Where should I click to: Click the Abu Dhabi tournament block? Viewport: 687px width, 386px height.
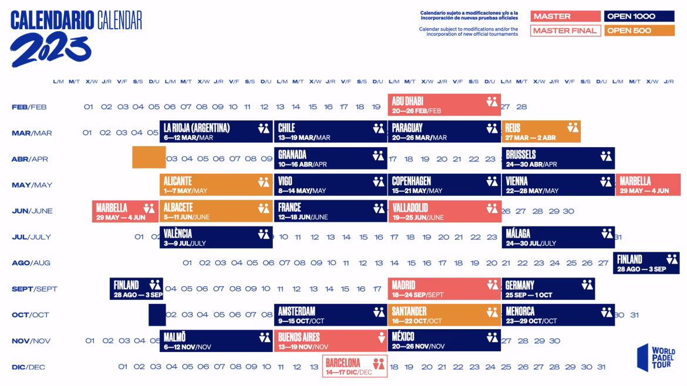click(x=444, y=105)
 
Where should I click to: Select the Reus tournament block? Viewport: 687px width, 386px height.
click(x=541, y=131)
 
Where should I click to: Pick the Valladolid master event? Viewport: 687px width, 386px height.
click(x=444, y=211)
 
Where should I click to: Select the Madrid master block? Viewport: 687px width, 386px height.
click(x=444, y=289)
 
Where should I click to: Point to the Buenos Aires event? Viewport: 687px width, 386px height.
click(x=330, y=341)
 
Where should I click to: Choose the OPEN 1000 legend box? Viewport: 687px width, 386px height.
click(x=639, y=16)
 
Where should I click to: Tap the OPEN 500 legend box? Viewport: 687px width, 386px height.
click(x=639, y=31)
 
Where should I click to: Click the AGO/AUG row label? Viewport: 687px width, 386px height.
click(x=31, y=263)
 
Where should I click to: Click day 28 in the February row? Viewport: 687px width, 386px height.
click(x=521, y=107)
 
